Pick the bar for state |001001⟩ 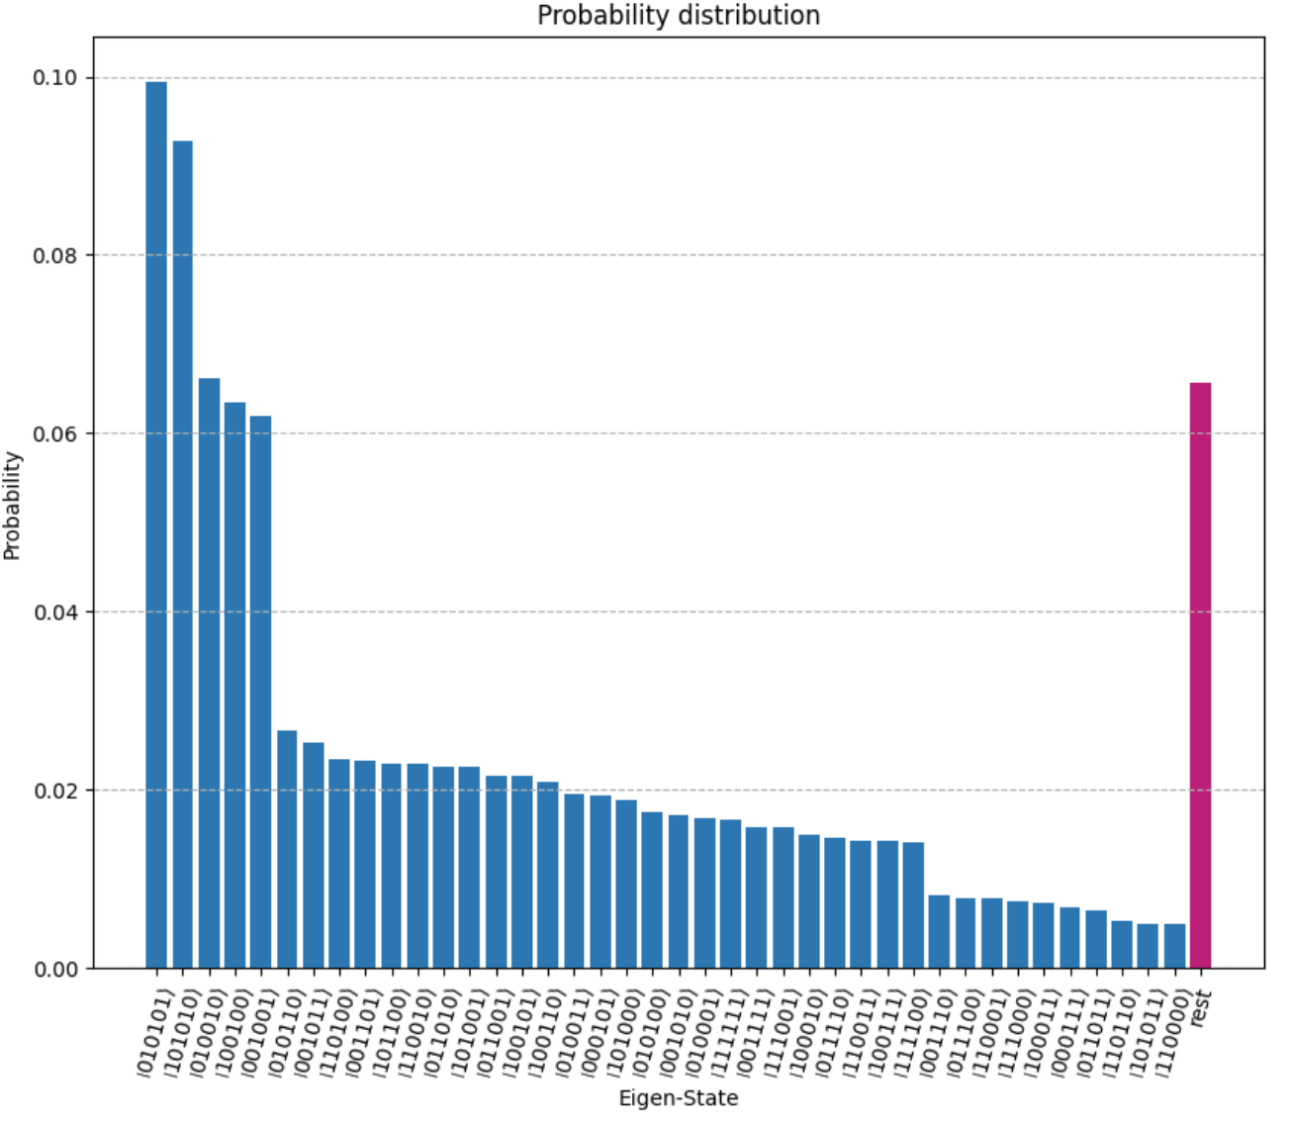260,692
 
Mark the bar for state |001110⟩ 939,931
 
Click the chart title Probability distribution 678,16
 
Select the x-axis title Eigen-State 678,1098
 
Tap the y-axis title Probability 12,505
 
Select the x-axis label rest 1200,1009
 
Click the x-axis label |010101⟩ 154,1029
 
